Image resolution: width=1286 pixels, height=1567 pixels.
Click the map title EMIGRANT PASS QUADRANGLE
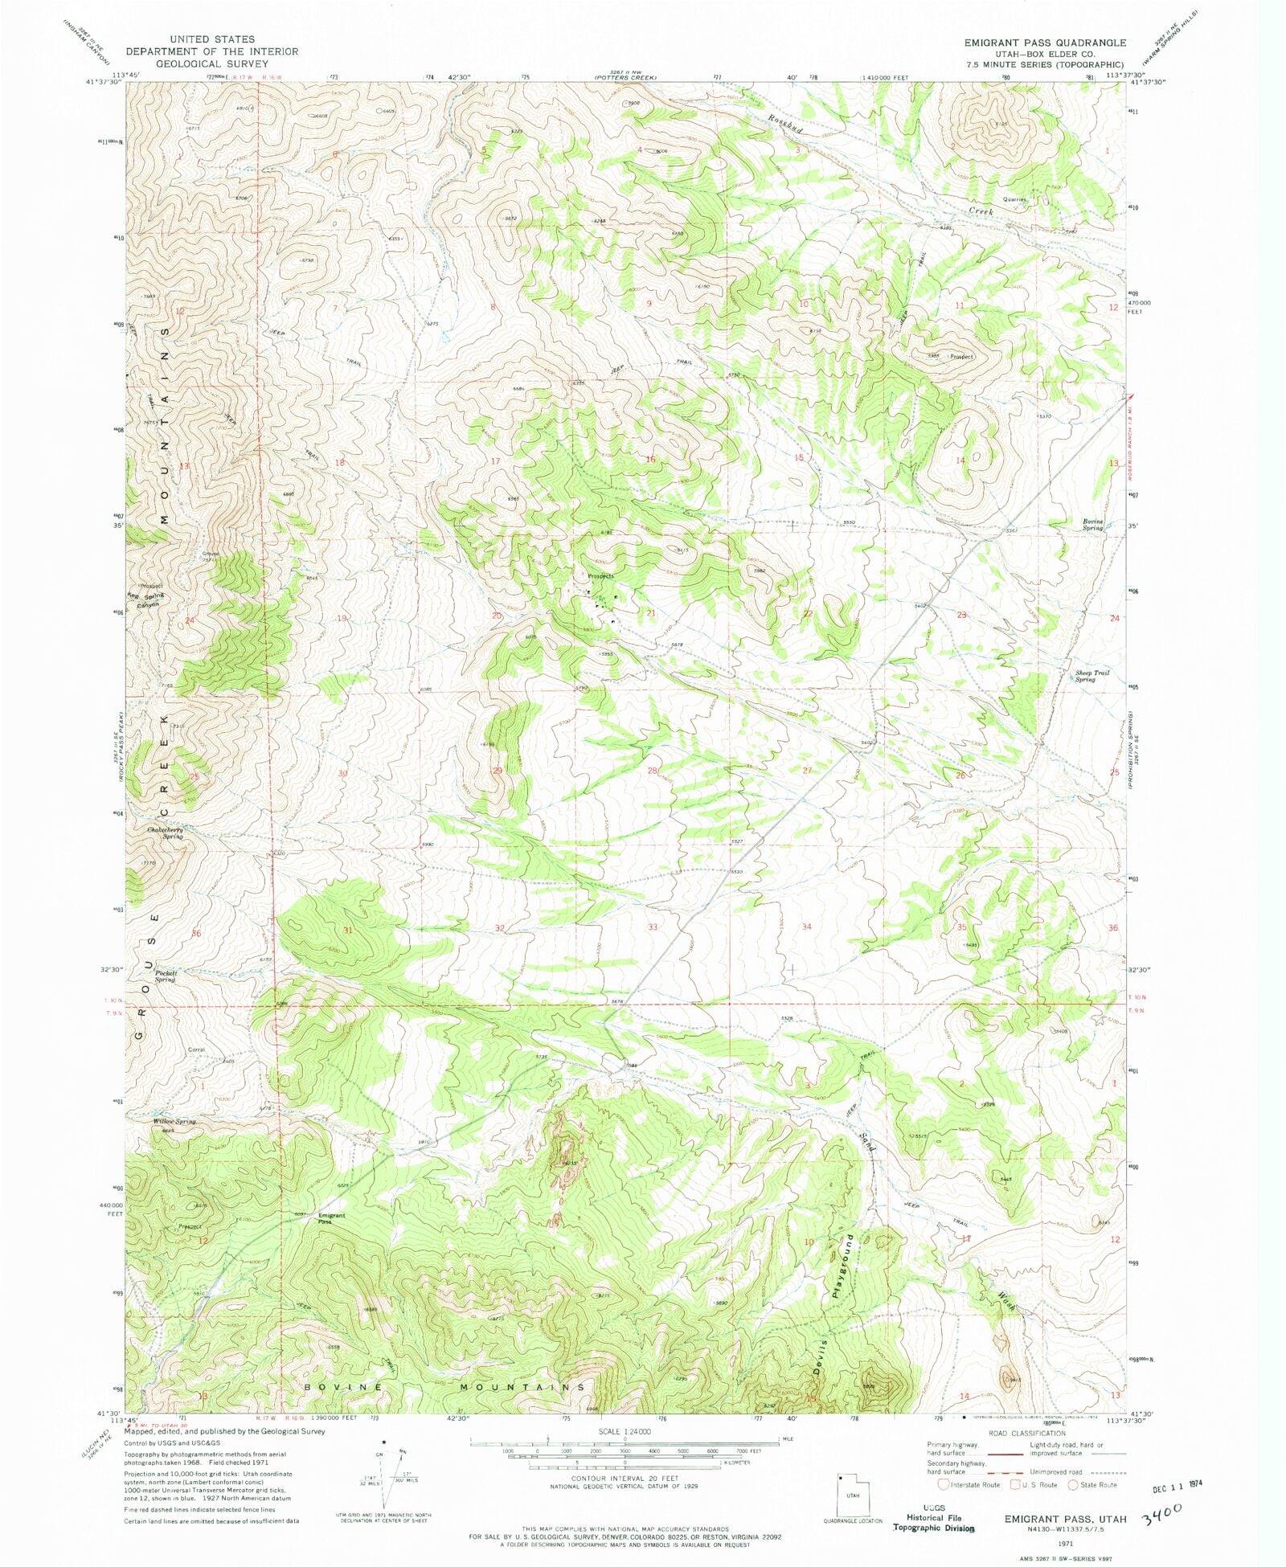tap(1045, 43)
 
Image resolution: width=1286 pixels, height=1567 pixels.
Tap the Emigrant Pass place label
tap(331, 1218)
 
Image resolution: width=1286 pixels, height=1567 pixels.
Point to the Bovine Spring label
tap(1092, 525)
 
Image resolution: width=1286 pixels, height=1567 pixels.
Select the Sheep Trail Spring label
tap(1091, 676)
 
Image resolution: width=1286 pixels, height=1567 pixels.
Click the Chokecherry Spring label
tap(165, 833)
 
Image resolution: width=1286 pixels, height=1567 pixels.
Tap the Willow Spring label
tap(174, 1121)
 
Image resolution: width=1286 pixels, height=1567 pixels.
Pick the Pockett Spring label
tap(166, 976)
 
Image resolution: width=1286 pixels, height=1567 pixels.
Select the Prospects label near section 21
tap(600, 576)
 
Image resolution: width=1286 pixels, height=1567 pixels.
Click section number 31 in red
tap(347, 930)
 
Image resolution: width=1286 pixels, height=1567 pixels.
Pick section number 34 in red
tap(806, 927)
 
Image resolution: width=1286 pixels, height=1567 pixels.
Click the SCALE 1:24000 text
tap(623, 1432)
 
